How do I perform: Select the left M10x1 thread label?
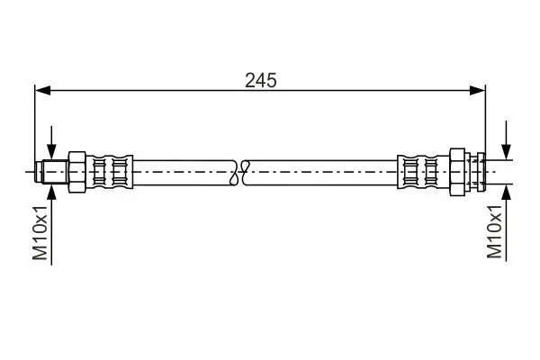[40, 231]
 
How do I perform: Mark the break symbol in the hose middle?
[240, 170]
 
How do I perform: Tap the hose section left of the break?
[180, 170]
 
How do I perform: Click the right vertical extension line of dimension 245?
[486, 117]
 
